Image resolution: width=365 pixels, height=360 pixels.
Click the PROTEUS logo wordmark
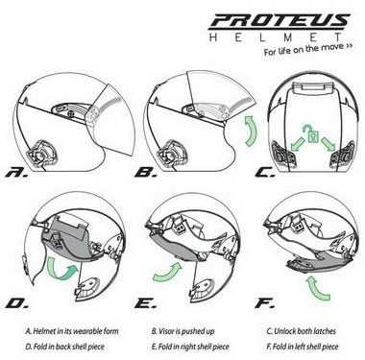280,20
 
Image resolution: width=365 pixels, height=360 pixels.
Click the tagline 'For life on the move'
308,50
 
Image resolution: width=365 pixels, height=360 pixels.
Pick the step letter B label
146,173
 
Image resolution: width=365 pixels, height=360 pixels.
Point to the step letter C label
265,173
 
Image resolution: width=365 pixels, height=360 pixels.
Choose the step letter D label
17,303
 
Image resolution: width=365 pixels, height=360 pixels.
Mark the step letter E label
146,303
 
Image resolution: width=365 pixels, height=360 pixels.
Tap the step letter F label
264,303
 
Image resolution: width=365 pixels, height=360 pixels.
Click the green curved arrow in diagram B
251,132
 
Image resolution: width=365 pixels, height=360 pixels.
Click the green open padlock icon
311,133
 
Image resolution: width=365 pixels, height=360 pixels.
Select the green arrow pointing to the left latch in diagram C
297,144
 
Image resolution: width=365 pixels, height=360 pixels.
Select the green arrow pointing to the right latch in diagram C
328,143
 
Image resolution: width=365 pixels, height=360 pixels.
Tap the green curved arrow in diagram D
61,269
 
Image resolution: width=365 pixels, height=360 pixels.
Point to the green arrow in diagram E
167,272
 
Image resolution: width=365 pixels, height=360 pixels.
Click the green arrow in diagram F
318,289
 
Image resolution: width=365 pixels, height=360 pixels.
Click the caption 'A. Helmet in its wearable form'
72,331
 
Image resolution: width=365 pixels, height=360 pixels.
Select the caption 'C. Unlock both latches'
301,331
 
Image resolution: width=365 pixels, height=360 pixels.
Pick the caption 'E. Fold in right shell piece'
190,347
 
